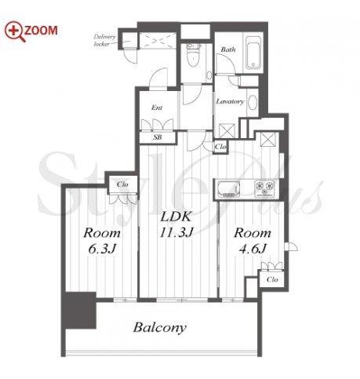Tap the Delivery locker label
104,40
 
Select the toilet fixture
194,55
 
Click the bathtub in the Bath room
253,53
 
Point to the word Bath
228,49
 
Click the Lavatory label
230,101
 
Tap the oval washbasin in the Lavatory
253,103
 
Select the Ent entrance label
157,108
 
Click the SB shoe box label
158,137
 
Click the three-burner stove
265,188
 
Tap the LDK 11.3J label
176,224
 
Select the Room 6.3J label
102,241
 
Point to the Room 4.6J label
253,241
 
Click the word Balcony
160,328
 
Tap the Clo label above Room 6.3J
122,184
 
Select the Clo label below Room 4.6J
272,279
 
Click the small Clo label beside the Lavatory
220,147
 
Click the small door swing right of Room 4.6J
292,247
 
